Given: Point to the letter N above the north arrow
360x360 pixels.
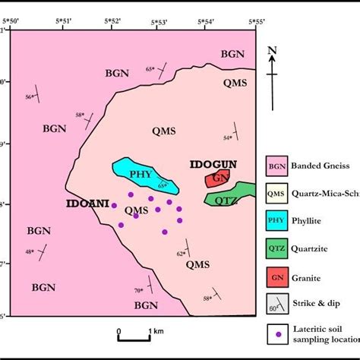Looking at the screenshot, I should (x=273, y=52).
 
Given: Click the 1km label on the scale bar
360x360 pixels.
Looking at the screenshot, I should (x=157, y=332).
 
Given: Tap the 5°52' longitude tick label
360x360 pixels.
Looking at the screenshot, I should (x=112, y=21).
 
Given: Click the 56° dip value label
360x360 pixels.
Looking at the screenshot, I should (x=30, y=96).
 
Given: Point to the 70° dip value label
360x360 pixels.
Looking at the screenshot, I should (x=139, y=290).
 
